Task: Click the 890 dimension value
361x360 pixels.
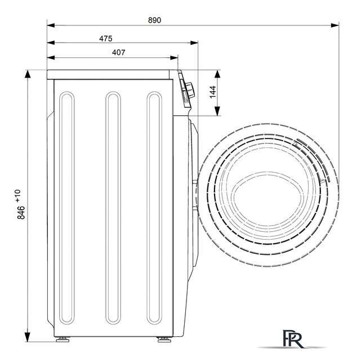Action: [x=154, y=20]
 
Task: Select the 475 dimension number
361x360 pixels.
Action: [x=106, y=38]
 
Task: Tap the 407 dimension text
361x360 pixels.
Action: [x=119, y=52]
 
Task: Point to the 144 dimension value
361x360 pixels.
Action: [x=213, y=92]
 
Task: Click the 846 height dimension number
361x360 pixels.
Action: [x=21, y=213]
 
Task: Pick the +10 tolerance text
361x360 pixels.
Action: [x=17, y=196]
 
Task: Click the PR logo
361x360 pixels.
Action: [x=292, y=339]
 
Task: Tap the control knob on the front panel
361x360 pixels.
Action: [x=190, y=90]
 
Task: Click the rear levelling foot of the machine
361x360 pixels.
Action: [x=63, y=340]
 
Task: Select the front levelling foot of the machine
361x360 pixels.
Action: [x=164, y=340]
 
